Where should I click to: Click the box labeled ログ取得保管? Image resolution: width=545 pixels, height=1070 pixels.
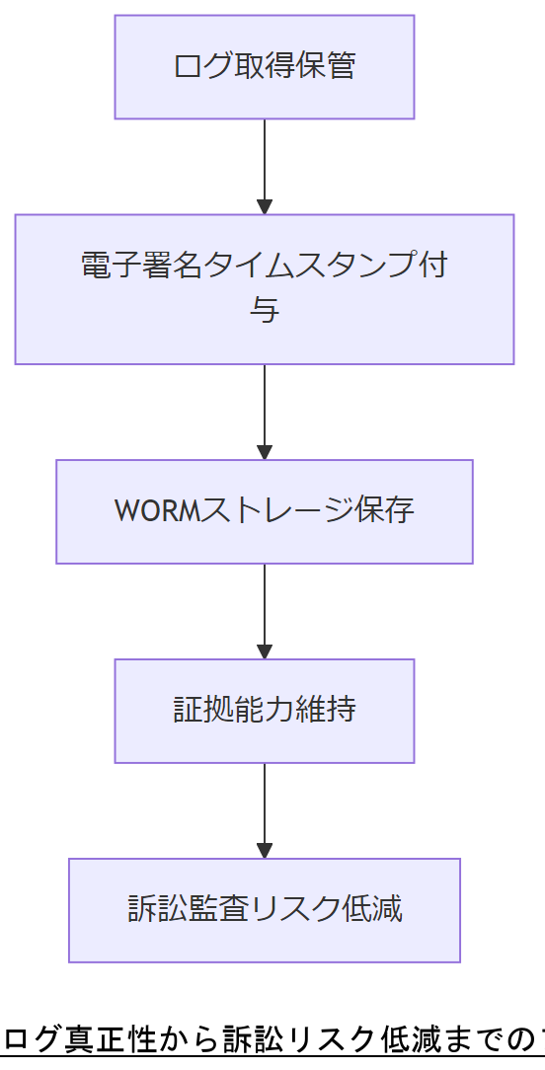[x=264, y=67]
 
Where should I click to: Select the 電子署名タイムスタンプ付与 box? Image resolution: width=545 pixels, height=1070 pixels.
[x=264, y=289]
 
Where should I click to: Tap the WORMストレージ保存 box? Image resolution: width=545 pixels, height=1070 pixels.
[x=264, y=511]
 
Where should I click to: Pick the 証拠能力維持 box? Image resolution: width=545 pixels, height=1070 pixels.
[x=264, y=711]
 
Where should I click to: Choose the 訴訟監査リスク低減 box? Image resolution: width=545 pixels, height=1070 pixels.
[x=264, y=910]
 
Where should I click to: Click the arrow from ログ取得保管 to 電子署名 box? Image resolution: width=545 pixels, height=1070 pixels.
[x=264, y=166]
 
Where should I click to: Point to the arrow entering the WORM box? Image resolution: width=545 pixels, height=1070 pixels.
[x=264, y=412]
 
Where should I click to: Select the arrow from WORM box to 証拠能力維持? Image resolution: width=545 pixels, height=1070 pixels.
[x=264, y=611]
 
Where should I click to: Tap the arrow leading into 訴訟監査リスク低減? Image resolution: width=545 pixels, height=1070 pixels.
[x=264, y=810]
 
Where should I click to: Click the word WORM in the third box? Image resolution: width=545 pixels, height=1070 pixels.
[x=158, y=511]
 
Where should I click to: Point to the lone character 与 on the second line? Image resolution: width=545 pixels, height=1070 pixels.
[x=264, y=311]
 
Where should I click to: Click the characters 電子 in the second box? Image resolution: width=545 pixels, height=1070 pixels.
[x=111, y=267]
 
